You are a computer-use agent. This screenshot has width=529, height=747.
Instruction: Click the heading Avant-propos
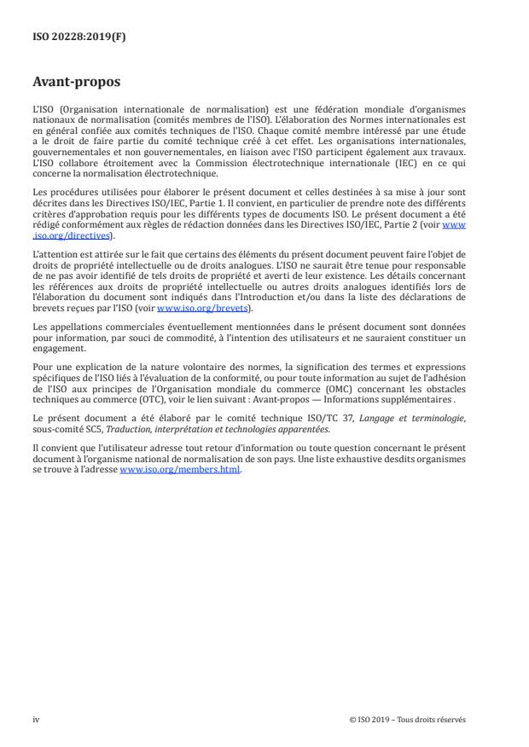pyautogui.click(x=77, y=84)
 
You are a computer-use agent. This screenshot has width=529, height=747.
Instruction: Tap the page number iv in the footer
pyautogui.click(x=36, y=719)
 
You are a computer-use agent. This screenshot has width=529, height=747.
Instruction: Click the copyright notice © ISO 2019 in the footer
pyautogui.click(x=408, y=719)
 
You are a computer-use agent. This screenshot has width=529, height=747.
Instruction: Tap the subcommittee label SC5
pyautogui.click(x=88, y=430)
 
